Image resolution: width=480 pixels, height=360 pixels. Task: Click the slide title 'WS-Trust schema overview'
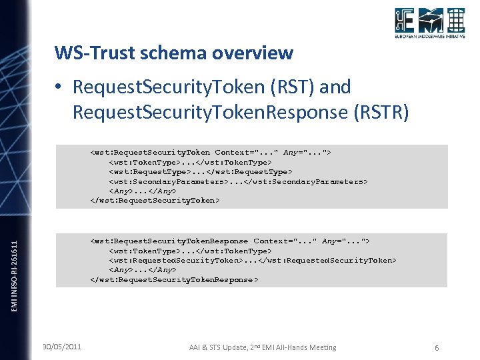click(173, 52)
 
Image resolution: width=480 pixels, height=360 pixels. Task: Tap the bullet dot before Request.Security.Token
click(60, 87)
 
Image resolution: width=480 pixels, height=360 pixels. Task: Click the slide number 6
click(436, 347)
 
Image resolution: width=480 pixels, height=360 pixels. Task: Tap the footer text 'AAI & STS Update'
click(221, 347)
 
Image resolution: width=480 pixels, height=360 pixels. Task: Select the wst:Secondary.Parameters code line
click(238, 181)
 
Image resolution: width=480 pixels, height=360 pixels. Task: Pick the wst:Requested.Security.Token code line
click(252, 261)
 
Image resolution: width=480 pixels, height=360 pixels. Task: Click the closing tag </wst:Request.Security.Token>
click(155, 200)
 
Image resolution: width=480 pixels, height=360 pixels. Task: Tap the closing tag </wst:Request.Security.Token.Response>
click(173, 279)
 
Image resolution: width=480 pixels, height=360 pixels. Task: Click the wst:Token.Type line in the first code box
click(190, 162)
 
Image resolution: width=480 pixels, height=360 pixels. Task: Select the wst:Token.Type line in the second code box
click(190, 251)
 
